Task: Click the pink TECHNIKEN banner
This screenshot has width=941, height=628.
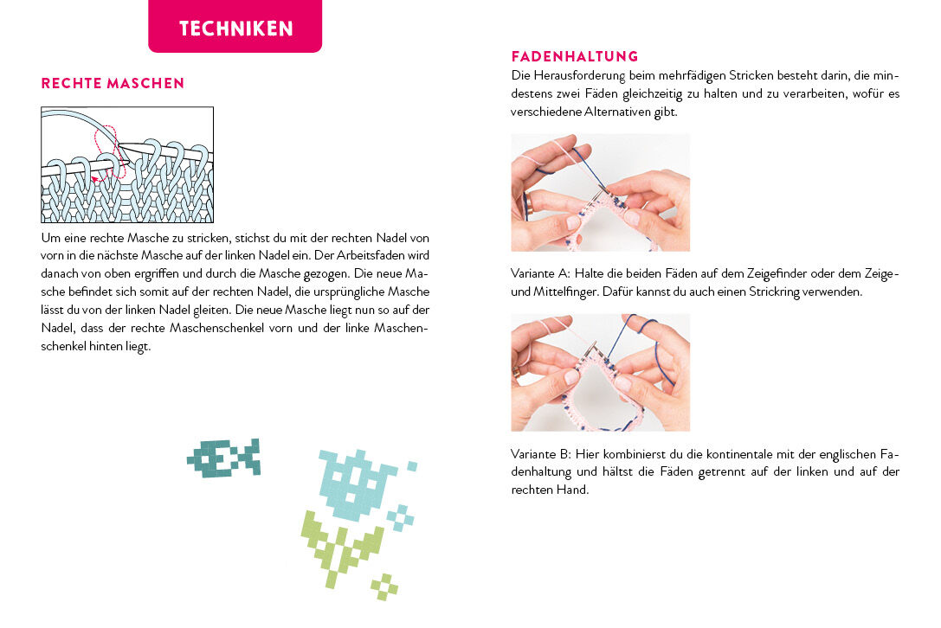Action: pyautogui.click(x=235, y=26)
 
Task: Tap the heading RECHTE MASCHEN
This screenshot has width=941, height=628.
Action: pyautogui.click(x=113, y=83)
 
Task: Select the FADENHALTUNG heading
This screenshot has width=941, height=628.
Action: pyautogui.click(x=574, y=56)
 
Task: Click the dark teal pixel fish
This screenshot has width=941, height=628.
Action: pyautogui.click(x=223, y=458)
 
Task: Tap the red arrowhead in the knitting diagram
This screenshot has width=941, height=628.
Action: pyautogui.click(x=95, y=179)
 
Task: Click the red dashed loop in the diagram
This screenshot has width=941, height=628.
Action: pyautogui.click(x=109, y=150)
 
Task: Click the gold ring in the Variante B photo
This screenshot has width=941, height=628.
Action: pyautogui.click(x=516, y=371)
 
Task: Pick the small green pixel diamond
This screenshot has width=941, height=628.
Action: pyautogui.click(x=384, y=586)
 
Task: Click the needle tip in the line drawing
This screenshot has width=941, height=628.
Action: pyautogui.click(x=120, y=145)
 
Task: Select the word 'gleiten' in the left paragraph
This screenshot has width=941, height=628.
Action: pyautogui.click(x=213, y=310)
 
